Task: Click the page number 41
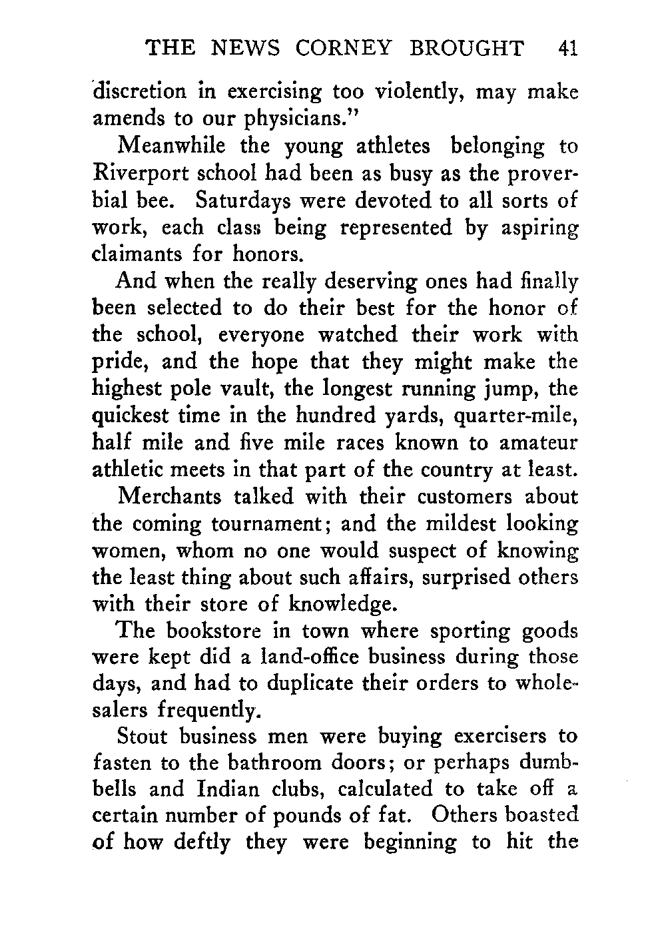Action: click(x=568, y=48)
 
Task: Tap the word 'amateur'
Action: click(x=539, y=443)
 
